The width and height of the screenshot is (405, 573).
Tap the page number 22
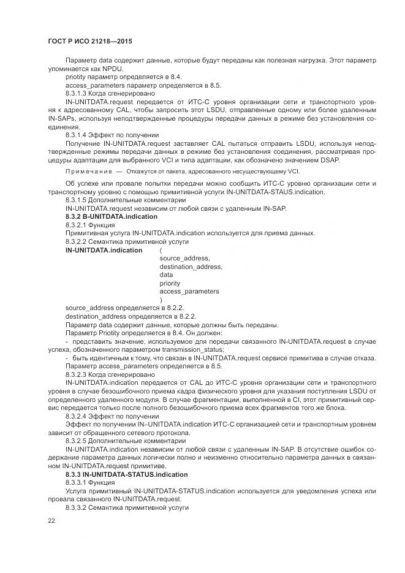pyautogui.click(x=51, y=520)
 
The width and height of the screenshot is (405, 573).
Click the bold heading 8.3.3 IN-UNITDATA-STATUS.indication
pyautogui.click(x=126, y=474)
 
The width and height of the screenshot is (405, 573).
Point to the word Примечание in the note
pyautogui.click(x=85, y=172)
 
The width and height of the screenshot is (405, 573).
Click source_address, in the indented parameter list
pyautogui.click(x=184, y=259)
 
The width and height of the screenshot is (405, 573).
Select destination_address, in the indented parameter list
pyautogui.click(x=191, y=267)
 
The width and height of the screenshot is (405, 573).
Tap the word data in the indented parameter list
pyautogui.click(x=166, y=275)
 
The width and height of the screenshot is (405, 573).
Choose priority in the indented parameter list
pyautogui.click(x=170, y=283)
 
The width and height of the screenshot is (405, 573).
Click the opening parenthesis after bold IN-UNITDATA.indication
pyautogui.click(x=161, y=251)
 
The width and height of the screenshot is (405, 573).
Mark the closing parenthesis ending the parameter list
pyautogui.click(x=161, y=300)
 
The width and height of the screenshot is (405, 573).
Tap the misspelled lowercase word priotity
pyautogui.click(x=77, y=77)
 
